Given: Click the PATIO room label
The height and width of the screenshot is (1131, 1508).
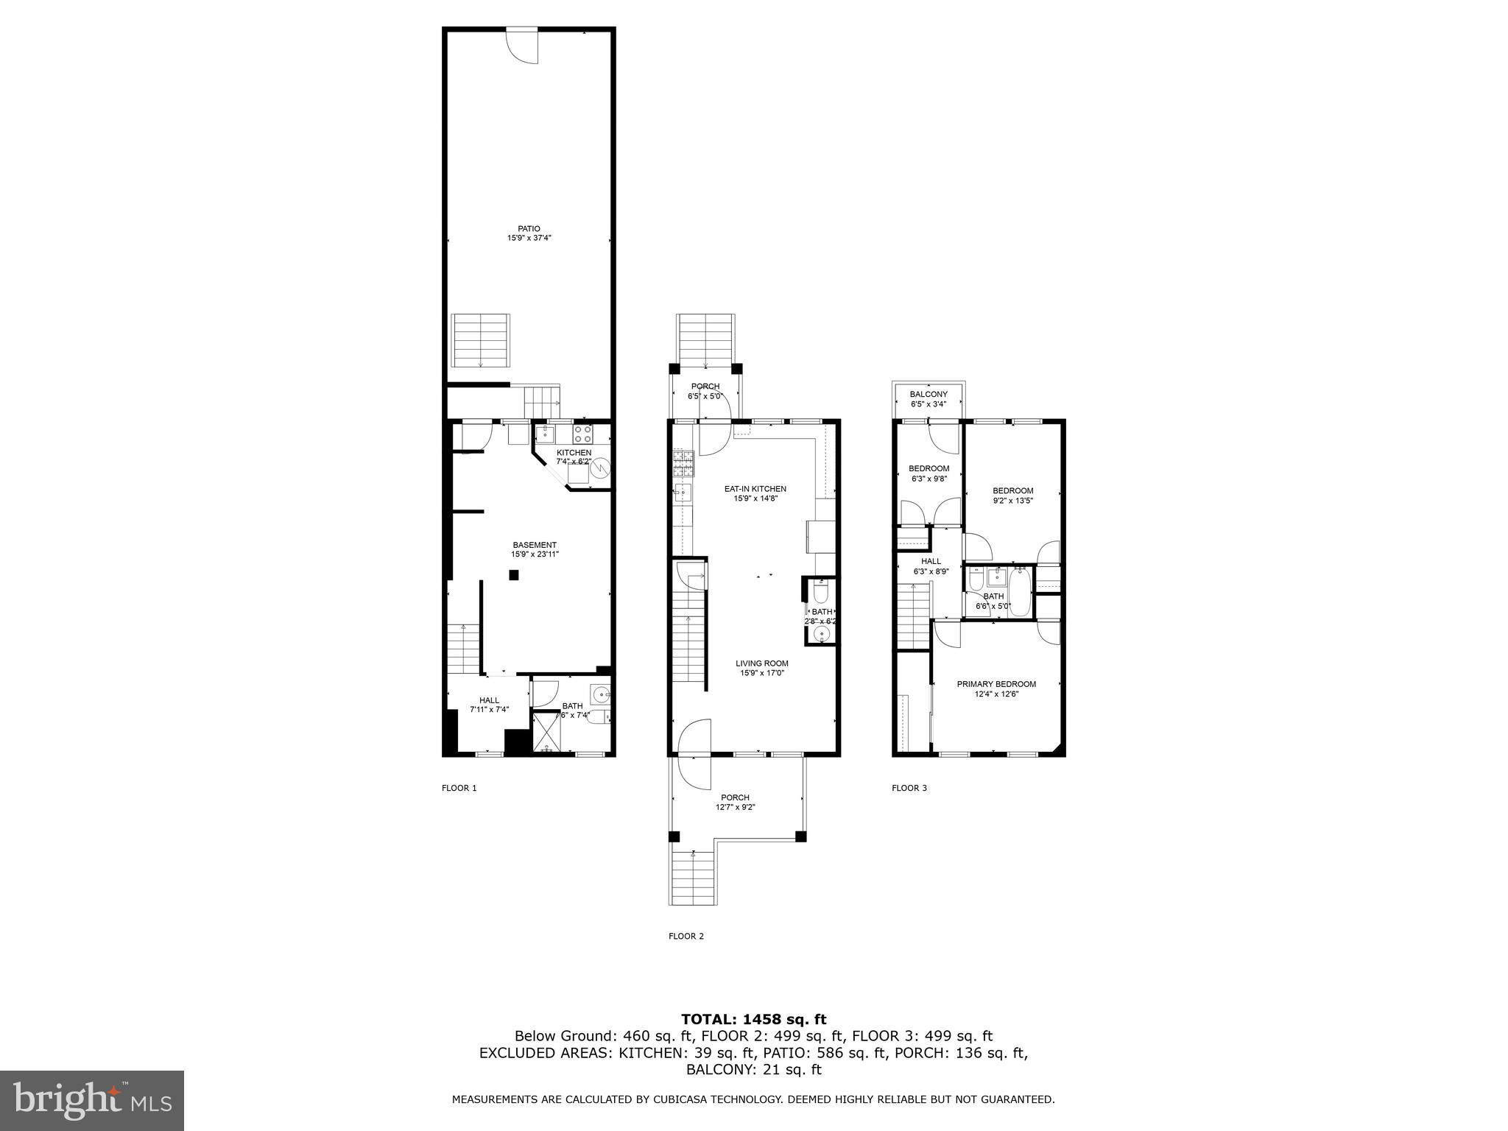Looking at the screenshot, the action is coord(529,229).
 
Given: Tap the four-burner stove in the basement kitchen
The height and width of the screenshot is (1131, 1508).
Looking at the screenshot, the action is coord(583,434).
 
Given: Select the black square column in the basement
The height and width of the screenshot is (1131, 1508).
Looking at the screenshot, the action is coord(515,575).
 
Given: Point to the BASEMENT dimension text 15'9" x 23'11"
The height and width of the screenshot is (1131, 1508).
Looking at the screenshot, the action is coord(535,554).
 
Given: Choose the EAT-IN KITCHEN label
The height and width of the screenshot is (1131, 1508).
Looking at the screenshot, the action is coord(755,489).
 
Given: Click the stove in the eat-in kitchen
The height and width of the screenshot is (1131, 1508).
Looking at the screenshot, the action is coord(683,463).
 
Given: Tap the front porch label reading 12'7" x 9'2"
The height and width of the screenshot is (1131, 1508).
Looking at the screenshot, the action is coord(736,807).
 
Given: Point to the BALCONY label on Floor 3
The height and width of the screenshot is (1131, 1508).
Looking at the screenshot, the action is coord(929,395).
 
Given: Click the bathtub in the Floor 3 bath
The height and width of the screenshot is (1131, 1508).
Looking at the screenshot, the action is coord(1021,591).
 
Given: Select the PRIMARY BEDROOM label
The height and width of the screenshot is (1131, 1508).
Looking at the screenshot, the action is coord(996,684).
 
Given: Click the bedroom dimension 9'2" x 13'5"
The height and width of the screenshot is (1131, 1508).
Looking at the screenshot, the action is coord(1013,501).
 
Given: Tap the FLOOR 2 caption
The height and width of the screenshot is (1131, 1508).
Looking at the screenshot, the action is coord(686,937).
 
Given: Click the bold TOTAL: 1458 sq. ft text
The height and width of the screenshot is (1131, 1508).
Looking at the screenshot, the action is coord(754,1020).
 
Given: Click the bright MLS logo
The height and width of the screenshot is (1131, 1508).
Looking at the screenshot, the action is coord(92,1101).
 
